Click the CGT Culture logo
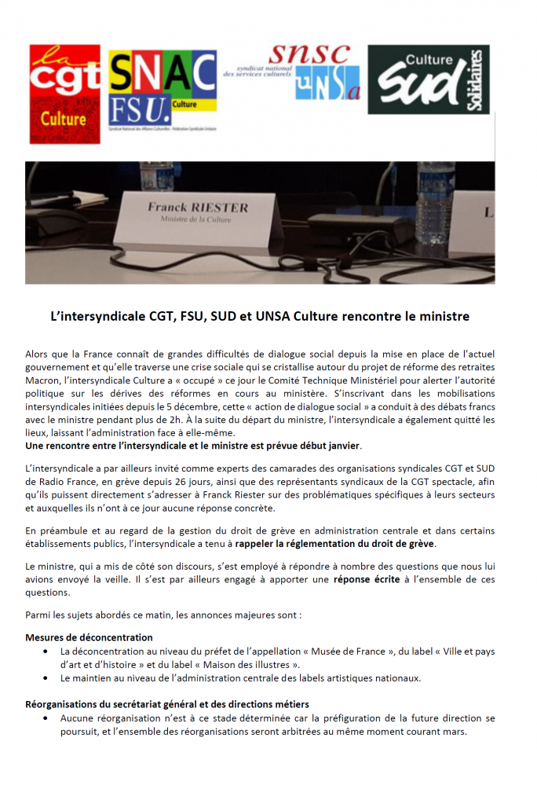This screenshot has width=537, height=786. tap(64, 86)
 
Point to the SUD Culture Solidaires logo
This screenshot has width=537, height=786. tap(429, 79)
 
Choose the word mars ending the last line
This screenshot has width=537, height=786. tap(455, 732)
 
